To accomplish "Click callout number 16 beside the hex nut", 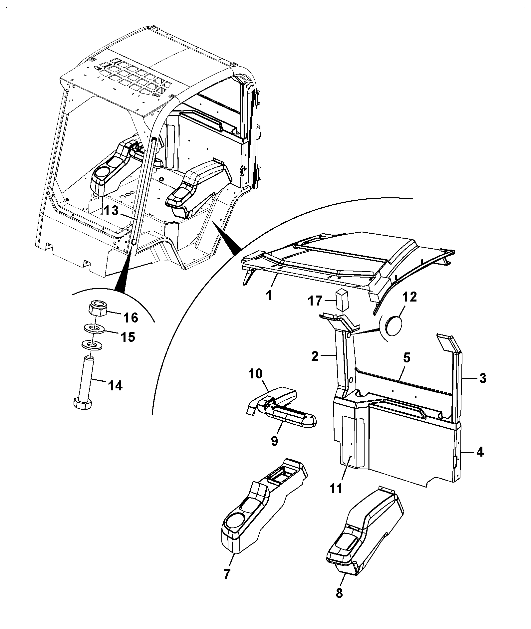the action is click(x=131, y=317).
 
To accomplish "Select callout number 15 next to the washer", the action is click(x=128, y=337).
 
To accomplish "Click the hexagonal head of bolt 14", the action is click(x=82, y=404).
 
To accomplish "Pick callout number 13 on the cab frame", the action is click(x=111, y=211).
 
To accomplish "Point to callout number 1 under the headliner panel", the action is click(x=269, y=295).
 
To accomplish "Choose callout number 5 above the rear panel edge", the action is click(x=407, y=358).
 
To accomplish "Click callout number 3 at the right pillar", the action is click(x=483, y=378).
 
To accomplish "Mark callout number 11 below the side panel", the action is click(x=336, y=488).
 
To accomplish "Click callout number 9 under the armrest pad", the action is click(x=274, y=441).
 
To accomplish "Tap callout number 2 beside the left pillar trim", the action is click(x=315, y=356).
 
